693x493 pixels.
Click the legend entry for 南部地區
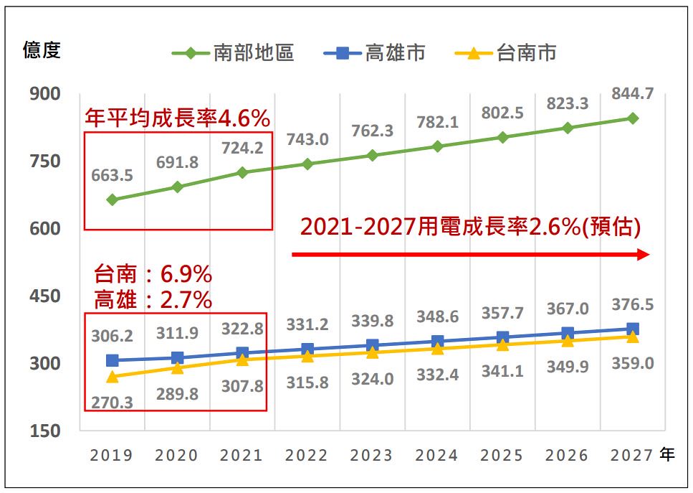tap(233, 53)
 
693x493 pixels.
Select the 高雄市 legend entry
tap(374, 53)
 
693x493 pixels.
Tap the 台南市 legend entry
tap(505, 53)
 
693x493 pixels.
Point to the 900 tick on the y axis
tap(45, 94)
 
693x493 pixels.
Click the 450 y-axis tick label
tap(45, 296)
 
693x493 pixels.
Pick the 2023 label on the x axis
tap(371, 456)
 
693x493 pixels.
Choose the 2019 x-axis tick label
tap(111, 456)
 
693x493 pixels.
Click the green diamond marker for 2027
tap(633, 118)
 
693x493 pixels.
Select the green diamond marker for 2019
tap(113, 199)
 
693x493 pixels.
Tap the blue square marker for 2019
tap(113, 360)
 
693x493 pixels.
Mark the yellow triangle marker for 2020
tap(177, 367)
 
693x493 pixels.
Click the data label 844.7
tap(633, 94)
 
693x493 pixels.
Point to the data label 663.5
tap(113, 176)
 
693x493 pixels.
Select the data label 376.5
tap(633, 305)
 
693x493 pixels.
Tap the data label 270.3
tap(113, 403)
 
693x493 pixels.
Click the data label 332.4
tap(438, 375)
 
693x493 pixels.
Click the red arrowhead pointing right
tap(643, 255)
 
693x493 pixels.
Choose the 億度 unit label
tap(42, 50)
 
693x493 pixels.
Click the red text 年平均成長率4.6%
tap(177, 118)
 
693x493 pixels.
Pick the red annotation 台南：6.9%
tap(153, 274)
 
